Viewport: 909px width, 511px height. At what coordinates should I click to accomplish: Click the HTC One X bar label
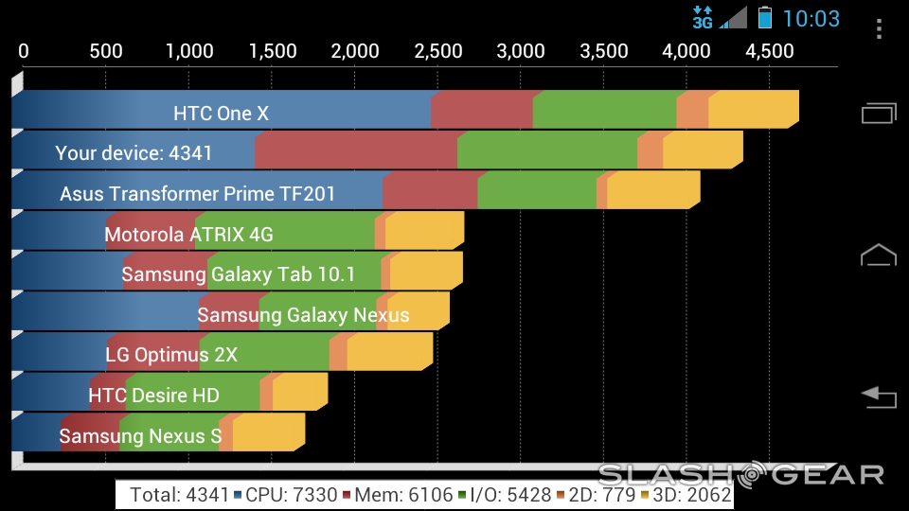point(221,114)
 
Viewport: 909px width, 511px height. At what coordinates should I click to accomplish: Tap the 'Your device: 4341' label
point(134,153)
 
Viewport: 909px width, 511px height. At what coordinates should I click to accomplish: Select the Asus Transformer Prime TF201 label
point(197,194)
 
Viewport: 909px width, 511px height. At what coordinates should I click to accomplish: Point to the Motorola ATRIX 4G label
point(188,234)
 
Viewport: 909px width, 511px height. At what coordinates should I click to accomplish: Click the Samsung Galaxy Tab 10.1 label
point(238,274)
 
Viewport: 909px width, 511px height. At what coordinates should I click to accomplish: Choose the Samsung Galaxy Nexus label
point(303,315)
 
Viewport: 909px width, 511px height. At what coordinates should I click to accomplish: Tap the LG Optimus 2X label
point(171,355)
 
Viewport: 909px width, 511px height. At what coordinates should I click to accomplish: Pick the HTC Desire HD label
point(153,396)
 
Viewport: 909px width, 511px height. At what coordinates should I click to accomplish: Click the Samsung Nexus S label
point(140,436)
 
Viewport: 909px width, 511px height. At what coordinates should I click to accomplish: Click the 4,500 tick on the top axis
point(770,51)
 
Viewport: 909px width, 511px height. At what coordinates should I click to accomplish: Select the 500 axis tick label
point(105,51)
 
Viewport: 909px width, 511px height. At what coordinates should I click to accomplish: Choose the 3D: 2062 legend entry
point(691,494)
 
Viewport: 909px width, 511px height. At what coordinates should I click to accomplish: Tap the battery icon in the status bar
point(765,17)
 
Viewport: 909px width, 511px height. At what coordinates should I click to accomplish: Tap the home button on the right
point(878,255)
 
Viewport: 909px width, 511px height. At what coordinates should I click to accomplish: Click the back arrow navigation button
point(878,396)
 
